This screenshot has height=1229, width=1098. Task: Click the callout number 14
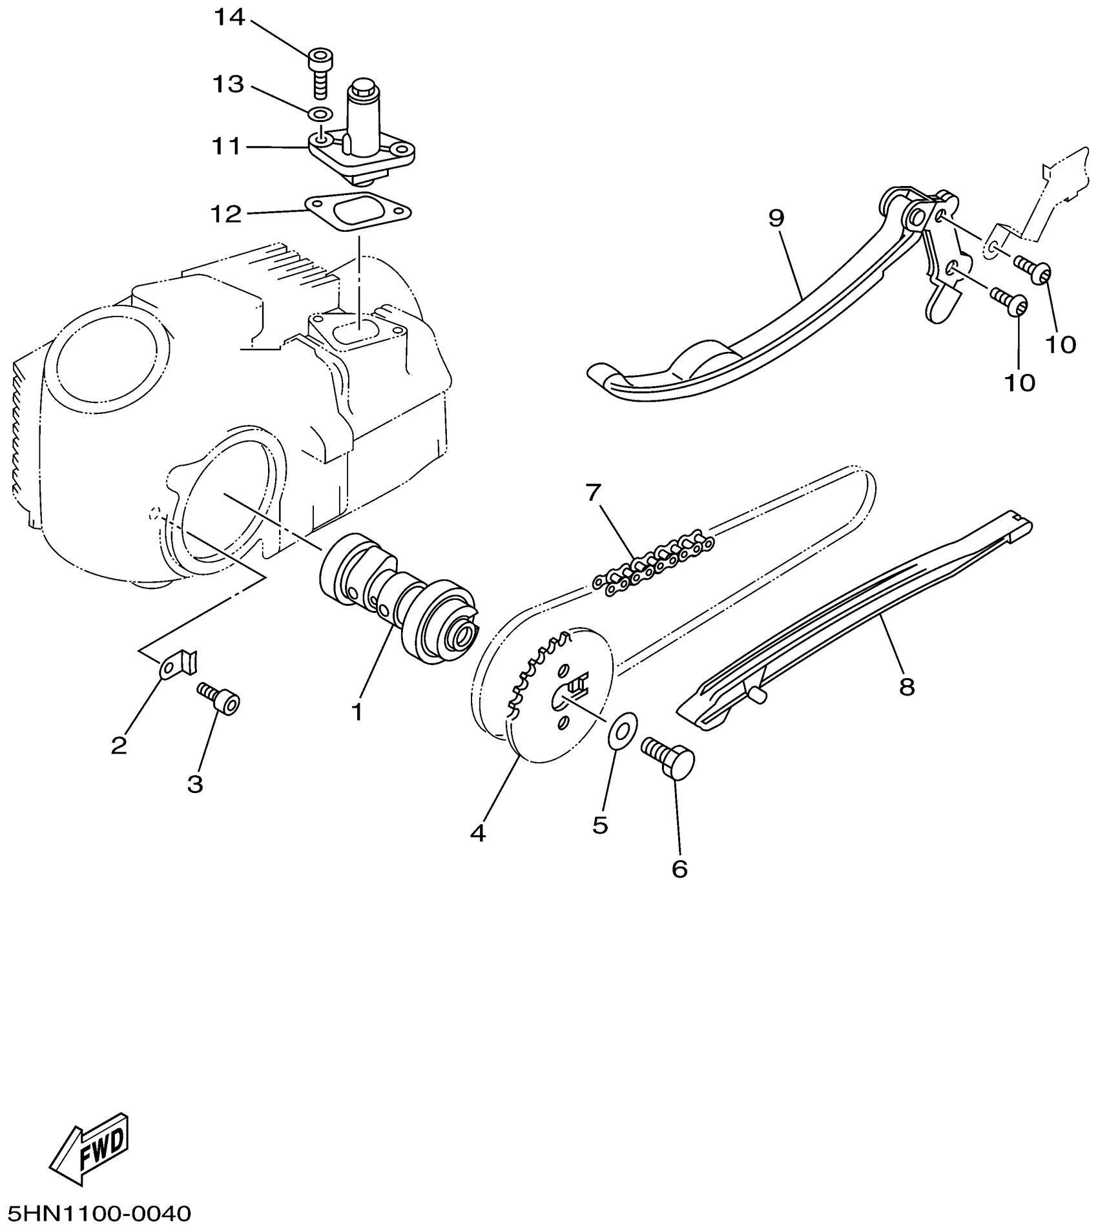click(x=230, y=18)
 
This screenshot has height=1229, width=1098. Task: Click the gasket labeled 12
click(x=358, y=212)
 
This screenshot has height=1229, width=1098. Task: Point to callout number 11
click(x=226, y=147)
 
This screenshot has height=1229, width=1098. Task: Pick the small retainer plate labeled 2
click(x=178, y=663)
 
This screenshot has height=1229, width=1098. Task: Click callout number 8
click(x=907, y=687)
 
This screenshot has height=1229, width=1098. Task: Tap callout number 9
click(x=776, y=218)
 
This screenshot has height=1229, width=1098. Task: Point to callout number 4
click(x=477, y=833)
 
